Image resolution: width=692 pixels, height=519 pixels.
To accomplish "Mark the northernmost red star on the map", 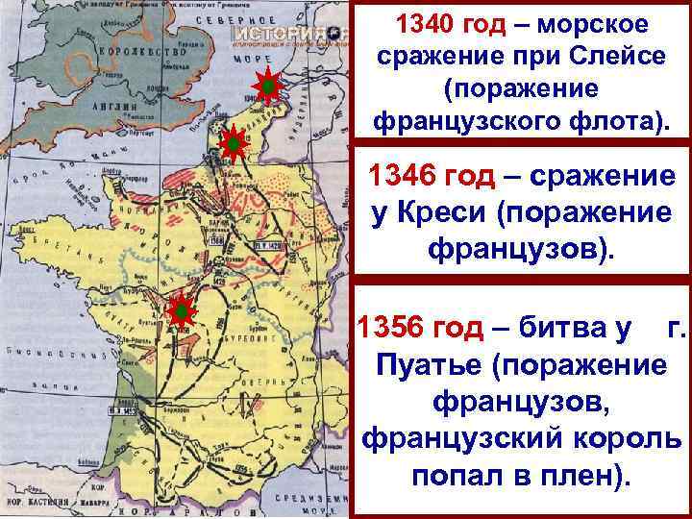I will tap(270, 87).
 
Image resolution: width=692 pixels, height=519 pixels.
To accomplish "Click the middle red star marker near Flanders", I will tap(232, 145).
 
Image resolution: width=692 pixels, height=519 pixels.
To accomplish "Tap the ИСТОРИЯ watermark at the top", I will tap(288, 33).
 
